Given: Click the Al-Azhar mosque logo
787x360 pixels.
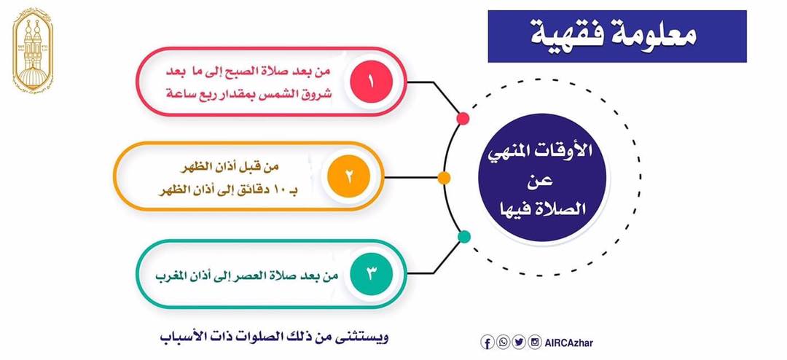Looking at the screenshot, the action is point(33,50).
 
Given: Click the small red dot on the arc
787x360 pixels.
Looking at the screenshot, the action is point(463,119).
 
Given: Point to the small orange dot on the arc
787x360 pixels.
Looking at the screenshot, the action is point(444,178).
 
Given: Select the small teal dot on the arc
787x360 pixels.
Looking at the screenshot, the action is point(464,237).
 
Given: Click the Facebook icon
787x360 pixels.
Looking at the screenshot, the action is point(487,343).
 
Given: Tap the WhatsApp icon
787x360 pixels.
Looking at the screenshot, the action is point(503,343).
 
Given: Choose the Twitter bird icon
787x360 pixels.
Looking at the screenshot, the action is point(519,343).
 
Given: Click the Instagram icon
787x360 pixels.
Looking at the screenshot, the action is point(535,343).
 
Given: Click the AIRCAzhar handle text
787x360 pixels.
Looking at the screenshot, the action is point(568,343).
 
